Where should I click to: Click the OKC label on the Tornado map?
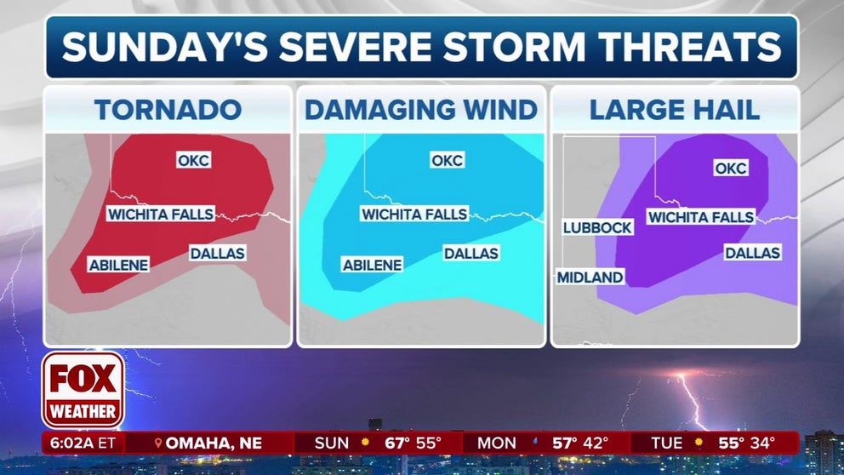tap(193, 159)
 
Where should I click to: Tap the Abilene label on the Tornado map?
tap(118, 265)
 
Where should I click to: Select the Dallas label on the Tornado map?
tap(217, 253)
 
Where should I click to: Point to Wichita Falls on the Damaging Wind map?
tap(413, 215)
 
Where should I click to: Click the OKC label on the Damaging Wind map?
tap(447, 159)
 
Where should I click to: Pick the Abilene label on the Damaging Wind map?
tap(372, 265)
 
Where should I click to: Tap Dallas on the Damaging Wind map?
tap(470, 253)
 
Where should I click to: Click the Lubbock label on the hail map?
tap(597, 227)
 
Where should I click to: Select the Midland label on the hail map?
tap(590, 277)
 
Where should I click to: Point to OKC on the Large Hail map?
tap(730, 168)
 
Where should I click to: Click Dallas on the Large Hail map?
tap(752, 253)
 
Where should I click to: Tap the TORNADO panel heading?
tap(168, 109)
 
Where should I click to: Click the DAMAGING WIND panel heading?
tap(421, 109)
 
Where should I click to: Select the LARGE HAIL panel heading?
tap(675, 109)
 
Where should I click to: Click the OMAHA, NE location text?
tap(213, 444)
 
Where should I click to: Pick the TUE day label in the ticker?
tap(666, 444)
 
